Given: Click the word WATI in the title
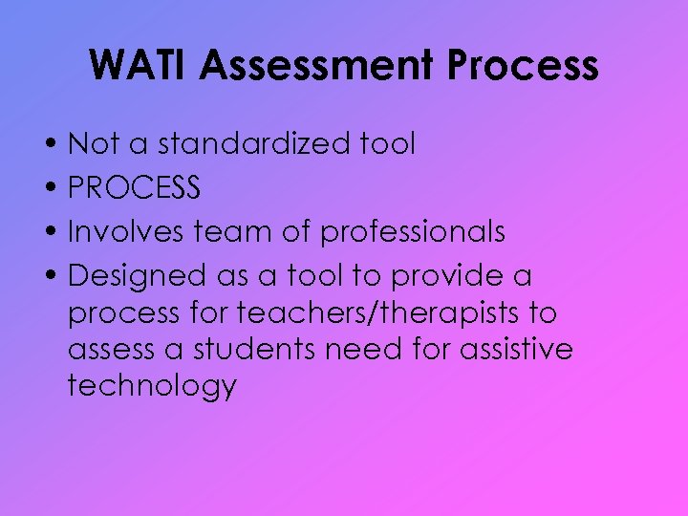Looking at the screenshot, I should pyautogui.click(x=140, y=66).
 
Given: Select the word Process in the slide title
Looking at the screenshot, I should pyautogui.click(x=525, y=66).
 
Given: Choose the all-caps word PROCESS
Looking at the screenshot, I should pyautogui.click(x=135, y=188).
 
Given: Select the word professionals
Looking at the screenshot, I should pyautogui.click(x=413, y=232).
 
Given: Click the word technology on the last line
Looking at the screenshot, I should pyautogui.click(x=152, y=387).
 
